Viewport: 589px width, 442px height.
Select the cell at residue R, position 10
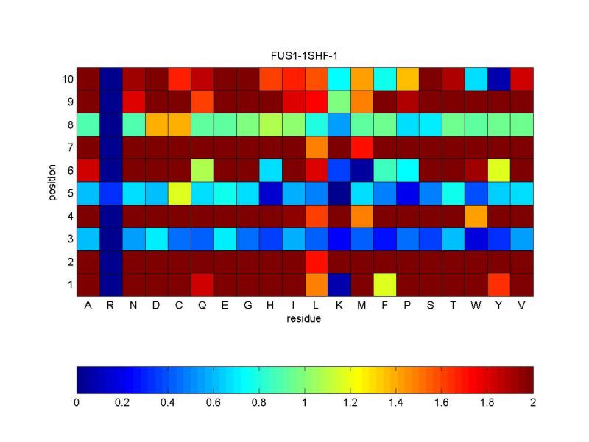[110, 78]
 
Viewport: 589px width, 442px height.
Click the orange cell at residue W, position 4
[476, 215]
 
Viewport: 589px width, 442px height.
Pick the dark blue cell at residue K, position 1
[339, 284]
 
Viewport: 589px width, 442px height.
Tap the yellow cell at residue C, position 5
[179, 192]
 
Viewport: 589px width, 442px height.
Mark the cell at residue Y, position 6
[499, 169]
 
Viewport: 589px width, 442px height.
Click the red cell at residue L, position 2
[317, 261]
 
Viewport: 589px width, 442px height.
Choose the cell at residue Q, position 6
[202, 169]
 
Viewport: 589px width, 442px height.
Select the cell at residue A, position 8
[88, 124]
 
